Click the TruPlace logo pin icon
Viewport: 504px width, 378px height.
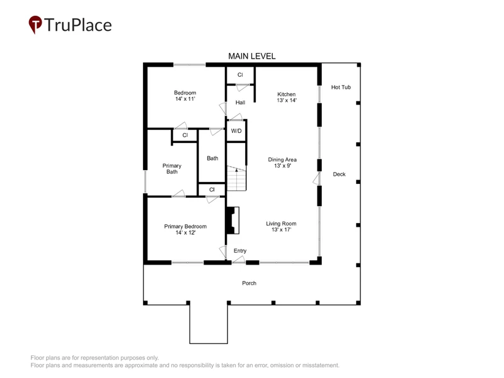(35, 24)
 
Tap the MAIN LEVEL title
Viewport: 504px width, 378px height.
(251, 56)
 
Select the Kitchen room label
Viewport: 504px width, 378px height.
(287, 97)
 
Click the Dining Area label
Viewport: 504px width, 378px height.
(282, 163)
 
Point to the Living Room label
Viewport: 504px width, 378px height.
(281, 226)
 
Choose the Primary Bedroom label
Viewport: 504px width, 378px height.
(185, 229)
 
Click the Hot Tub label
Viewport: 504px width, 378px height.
(341, 87)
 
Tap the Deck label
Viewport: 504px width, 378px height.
(339, 175)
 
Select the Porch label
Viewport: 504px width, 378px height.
(249, 283)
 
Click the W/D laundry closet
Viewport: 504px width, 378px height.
(237, 131)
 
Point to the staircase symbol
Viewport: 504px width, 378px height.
(237, 178)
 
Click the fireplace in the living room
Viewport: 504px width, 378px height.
(232, 220)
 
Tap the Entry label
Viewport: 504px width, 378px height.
(240, 251)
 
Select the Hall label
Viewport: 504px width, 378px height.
(240, 103)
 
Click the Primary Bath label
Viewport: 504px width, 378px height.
(172, 169)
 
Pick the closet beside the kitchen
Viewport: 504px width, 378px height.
(240, 75)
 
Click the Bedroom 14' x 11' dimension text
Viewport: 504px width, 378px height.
(185, 99)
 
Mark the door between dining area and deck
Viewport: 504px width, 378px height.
(317, 178)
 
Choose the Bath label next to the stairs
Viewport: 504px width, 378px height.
(212, 158)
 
